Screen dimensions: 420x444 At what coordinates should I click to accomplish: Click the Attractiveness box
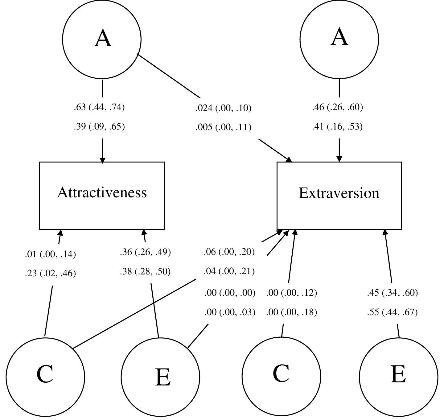tap(102, 196)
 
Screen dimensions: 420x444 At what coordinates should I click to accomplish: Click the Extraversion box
tap(339, 196)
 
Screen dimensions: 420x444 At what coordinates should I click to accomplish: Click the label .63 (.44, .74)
tap(99, 107)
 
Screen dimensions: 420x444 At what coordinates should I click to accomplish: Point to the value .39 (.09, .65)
tap(99, 127)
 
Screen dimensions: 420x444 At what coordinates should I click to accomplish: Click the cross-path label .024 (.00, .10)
tap(223, 108)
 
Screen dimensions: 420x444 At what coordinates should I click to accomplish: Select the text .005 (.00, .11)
tap(223, 127)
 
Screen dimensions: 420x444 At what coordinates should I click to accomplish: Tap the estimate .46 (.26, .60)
tap(337, 107)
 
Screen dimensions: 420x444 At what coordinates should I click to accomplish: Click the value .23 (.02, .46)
tap(50, 274)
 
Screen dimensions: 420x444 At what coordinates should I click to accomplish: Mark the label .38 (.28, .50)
tap(145, 272)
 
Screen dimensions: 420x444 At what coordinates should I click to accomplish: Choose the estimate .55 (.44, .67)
tap(392, 312)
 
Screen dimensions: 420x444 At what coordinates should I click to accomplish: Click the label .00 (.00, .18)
tap(291, 312)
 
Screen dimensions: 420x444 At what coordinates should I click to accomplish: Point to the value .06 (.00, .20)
tap(229, 252)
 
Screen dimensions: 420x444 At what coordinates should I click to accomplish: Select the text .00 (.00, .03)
tap(230, 312)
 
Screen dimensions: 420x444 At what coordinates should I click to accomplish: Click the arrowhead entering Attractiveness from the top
tap(102, 160)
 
